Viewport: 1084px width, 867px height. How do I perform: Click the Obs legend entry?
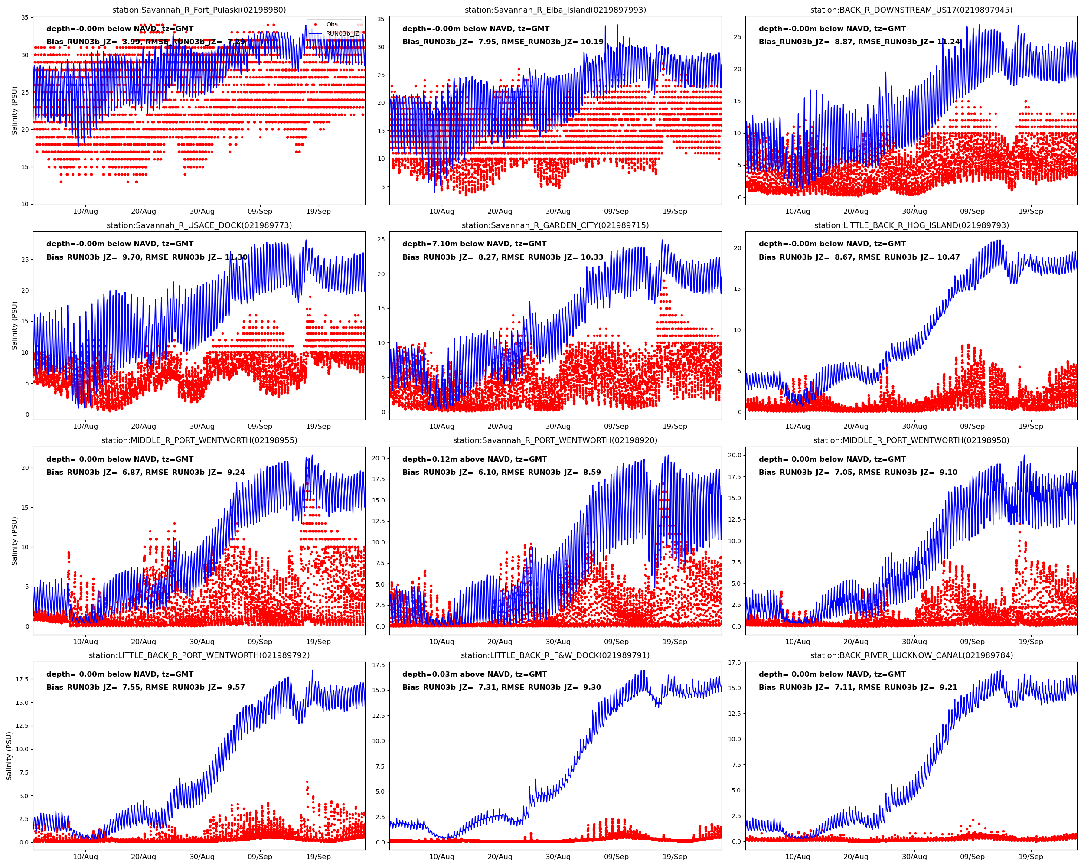[x=331, y=24]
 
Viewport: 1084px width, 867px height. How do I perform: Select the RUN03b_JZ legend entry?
[x=342, y=34]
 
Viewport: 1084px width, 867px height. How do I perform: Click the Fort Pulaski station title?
[x=199, y=10]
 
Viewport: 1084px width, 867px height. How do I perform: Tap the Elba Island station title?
[x=555, y=10]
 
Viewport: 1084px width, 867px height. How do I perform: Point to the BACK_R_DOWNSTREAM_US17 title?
[x=911, y=10]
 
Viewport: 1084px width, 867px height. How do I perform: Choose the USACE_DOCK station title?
[x=199, y=225]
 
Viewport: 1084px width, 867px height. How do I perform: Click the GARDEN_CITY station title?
[x=555, y=225]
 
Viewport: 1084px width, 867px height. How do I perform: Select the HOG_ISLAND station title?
[x=911, y=225]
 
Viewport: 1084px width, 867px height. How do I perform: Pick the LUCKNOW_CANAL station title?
[x=911, y=655]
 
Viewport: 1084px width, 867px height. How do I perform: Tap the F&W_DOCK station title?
[x=555, y=655]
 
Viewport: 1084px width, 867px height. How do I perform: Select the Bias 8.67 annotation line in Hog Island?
[x=859, y=257]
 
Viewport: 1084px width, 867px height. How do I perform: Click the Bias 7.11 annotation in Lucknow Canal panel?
[x=858, y=687]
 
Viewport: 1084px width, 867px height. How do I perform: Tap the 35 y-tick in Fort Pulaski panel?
[x=25, y=18]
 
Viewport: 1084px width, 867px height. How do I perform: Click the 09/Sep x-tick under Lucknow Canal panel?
[x=972, y=857]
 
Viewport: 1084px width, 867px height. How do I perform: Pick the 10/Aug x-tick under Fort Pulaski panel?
[x=85, y=211]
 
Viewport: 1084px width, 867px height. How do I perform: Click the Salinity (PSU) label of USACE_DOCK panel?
[x=15, y=325]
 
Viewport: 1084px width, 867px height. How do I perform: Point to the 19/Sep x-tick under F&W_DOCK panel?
[x=674, y=857]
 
